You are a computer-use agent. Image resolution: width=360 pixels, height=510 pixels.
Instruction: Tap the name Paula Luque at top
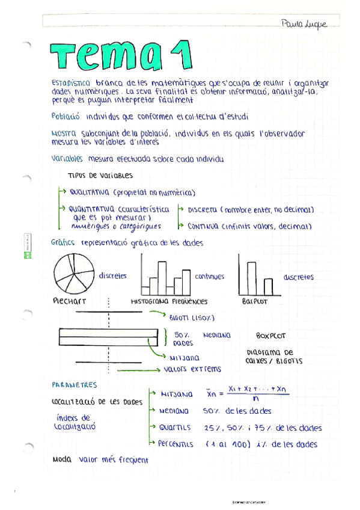pyautogui.click(x=304, y=24)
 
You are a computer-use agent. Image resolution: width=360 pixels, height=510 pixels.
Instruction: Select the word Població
pyautogui.click(x=66, y=117)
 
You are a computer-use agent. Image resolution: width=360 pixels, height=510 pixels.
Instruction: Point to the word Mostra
pyautogui.click(x=64, y=134)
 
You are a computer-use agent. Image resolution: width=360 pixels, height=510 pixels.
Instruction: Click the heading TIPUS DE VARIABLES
pyautogui.click(x=100, y=176)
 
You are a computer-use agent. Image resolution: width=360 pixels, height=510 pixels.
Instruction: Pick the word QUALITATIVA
pyautogui.click(x=89, y=193)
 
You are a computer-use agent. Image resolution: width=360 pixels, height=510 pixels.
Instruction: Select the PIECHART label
pyautogui.click(x=69, y=301)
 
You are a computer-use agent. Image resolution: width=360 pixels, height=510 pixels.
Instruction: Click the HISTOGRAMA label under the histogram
pyautogui.click(x=149, y=301)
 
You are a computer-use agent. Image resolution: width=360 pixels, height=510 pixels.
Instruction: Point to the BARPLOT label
pyautogui.click(x=254, y=301)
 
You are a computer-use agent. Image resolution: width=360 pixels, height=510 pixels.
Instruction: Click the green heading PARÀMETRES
pyautogui.click(x=75, y=384)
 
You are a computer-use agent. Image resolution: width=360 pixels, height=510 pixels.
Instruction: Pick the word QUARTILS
pyautogui.click(x=175, y=428)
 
